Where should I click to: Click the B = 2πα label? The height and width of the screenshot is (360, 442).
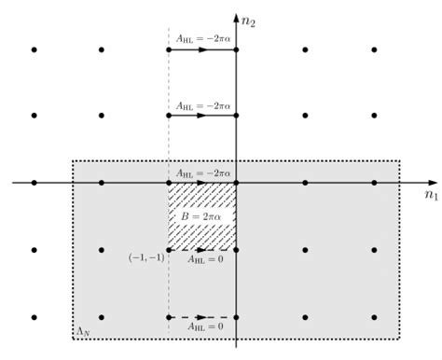click(201, 216)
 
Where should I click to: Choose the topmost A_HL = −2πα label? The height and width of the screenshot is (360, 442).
click(201, 38)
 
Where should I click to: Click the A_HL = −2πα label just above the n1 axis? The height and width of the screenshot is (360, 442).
click(201, 173)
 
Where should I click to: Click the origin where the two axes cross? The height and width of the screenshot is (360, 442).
click(237, 183)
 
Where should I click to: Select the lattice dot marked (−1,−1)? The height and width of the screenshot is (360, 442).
click(168, 250)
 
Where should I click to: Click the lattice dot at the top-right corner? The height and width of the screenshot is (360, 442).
click(373, 48)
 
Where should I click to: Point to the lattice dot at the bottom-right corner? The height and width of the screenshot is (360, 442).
click(373, 318)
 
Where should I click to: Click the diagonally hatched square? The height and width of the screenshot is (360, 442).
click(202, 216)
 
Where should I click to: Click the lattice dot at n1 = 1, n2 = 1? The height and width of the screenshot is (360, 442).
click(305, 116)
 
